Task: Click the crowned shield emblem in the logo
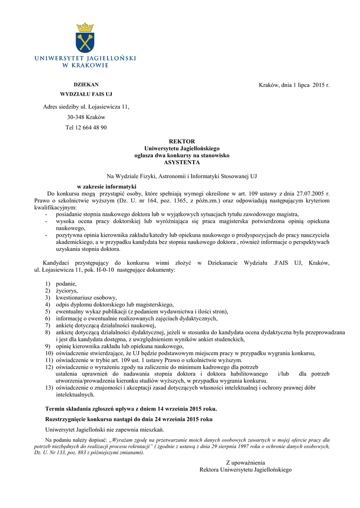[85, 38]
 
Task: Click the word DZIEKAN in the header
[86, 84]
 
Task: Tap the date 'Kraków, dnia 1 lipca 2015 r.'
[294, 85]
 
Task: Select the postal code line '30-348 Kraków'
[86, 117]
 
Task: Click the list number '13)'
[49, 387]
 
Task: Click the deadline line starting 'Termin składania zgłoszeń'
[131, 409]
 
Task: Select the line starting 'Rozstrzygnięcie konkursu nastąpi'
[129, 419]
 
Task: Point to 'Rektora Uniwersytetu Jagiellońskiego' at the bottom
[245, 469]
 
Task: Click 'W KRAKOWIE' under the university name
[85, 65]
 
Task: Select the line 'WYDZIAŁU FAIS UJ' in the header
[86, 94]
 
